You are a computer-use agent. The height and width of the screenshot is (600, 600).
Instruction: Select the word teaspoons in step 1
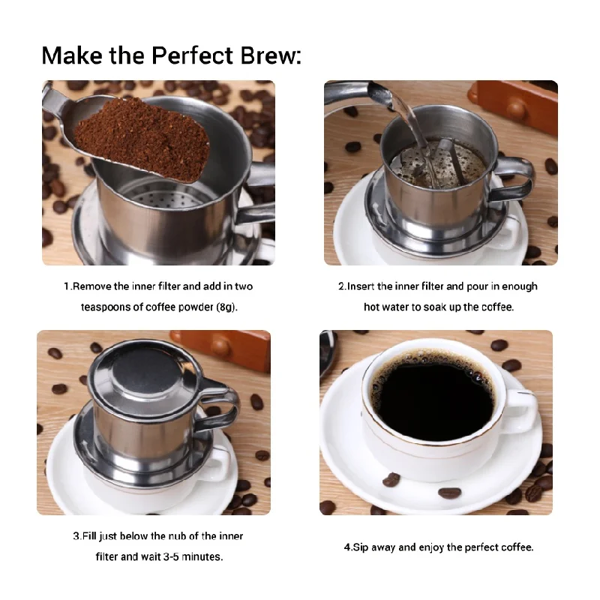pos(106,307)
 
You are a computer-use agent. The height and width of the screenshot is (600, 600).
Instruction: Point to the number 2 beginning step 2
pos(340,286)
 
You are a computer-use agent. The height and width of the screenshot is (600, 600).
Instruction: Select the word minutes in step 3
pos(203,557)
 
